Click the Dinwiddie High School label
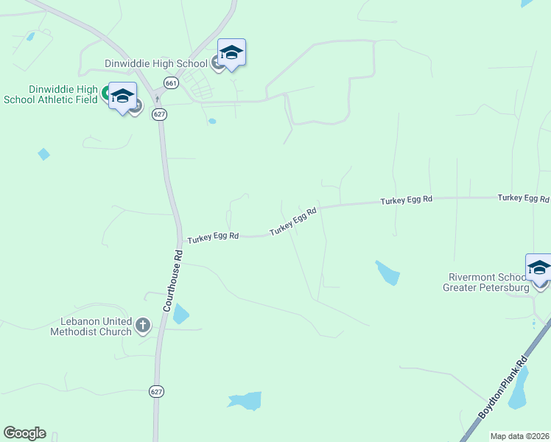[x=156, y=63]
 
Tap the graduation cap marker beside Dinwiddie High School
[x=231, y=53]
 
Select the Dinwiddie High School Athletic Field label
[x=49, y=94]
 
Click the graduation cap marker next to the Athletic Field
[x=123, y=97]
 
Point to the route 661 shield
[x=171, y=83]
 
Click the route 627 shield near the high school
[x=158, y=113]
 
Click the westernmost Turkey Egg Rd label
[x=213, y=237]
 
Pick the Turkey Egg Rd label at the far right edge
[x=523, y=198]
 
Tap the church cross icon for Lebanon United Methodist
[x=143, y=324]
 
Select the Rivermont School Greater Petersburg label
[x=488, y=282]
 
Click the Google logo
[x=24, y=433]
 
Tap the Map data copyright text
[x=519, y=436]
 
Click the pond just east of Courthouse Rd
[x=180, y=315]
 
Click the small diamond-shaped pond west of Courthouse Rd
[x=43, y=154]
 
